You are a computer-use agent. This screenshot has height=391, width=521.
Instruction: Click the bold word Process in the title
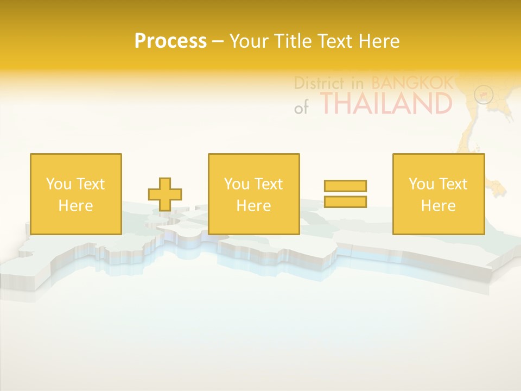(x=170, y=41)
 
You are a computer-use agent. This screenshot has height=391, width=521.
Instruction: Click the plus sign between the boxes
(x=165, y=194)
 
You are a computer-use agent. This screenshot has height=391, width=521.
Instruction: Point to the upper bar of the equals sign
(x=345, y=186)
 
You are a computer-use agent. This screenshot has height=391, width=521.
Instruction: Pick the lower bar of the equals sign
(x=345, y=201)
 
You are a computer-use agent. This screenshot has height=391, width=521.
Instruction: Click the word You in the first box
(x=59, y=184)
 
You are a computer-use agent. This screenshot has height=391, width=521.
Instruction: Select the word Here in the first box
(x=75, y=206)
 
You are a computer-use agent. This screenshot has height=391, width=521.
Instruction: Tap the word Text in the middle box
(x=269, y=184)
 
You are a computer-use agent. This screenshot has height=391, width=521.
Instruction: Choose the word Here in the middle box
(x=253, y=206)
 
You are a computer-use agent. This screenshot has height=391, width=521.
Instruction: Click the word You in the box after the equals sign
(x=422, y=184)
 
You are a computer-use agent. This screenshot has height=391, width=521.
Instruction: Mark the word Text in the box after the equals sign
(x=453, y=184)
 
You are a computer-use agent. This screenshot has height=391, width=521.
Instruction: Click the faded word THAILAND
(x=386, y=103)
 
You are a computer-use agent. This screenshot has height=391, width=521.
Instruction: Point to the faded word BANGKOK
(x=412, y=83)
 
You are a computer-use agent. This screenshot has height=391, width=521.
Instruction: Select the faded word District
(x=319, y=83)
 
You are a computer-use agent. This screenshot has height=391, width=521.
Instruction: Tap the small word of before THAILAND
(x=301, y=108)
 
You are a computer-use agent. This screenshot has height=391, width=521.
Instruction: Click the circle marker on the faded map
(x=484, y=94)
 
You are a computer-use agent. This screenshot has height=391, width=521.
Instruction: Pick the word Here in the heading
(x=380, y=41)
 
